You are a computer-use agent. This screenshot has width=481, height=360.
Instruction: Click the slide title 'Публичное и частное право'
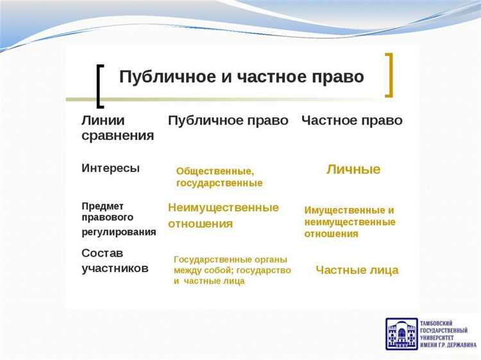(241, 77)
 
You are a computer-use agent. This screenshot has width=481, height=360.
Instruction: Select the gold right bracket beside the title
(389, 75)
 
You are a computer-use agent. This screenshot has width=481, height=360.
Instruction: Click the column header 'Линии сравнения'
(117, 128)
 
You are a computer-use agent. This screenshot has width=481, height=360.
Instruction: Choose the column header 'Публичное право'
(228, 121)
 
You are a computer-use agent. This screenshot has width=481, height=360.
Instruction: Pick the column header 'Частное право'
(351, 121)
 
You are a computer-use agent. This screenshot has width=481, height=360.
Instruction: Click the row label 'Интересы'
(110, 168)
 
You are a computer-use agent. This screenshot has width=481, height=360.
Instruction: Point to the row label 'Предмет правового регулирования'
(119, 219)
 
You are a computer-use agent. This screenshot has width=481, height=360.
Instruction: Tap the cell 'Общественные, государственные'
(219, 177)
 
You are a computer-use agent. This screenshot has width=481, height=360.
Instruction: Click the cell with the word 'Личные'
(353, 169)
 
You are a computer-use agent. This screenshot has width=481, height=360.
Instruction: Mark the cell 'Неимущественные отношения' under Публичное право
(223, 216)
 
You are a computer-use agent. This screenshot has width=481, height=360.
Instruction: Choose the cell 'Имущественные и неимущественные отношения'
(350, 222)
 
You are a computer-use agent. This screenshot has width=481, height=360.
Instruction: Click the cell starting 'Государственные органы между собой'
(232, 270)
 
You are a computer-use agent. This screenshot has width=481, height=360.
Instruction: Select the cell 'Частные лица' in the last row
(357, 270)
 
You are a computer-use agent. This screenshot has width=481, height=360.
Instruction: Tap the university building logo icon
(400, 334)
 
